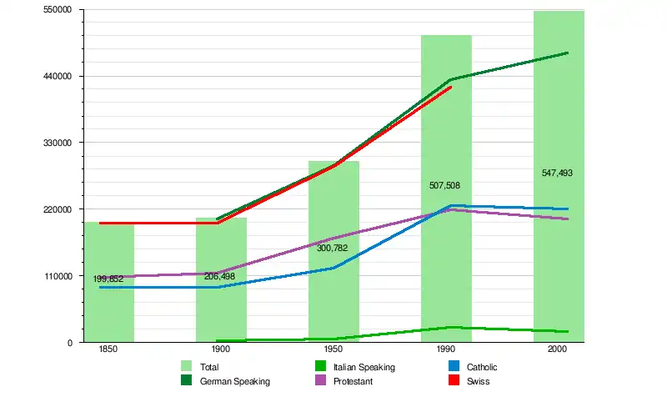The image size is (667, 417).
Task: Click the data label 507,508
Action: pos(444,185)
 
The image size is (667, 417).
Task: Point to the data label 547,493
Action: pos(557,173)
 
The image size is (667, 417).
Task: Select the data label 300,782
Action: pos(332,248)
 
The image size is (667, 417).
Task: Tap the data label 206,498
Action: pos(219,276)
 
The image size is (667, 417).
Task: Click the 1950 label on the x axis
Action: pos(333,351)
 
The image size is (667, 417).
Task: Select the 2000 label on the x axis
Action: pos(559,351)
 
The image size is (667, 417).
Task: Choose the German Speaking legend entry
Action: pos(234,381)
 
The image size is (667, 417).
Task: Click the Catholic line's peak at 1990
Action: pos(451,206)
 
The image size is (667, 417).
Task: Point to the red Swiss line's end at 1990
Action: pos(451,87)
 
